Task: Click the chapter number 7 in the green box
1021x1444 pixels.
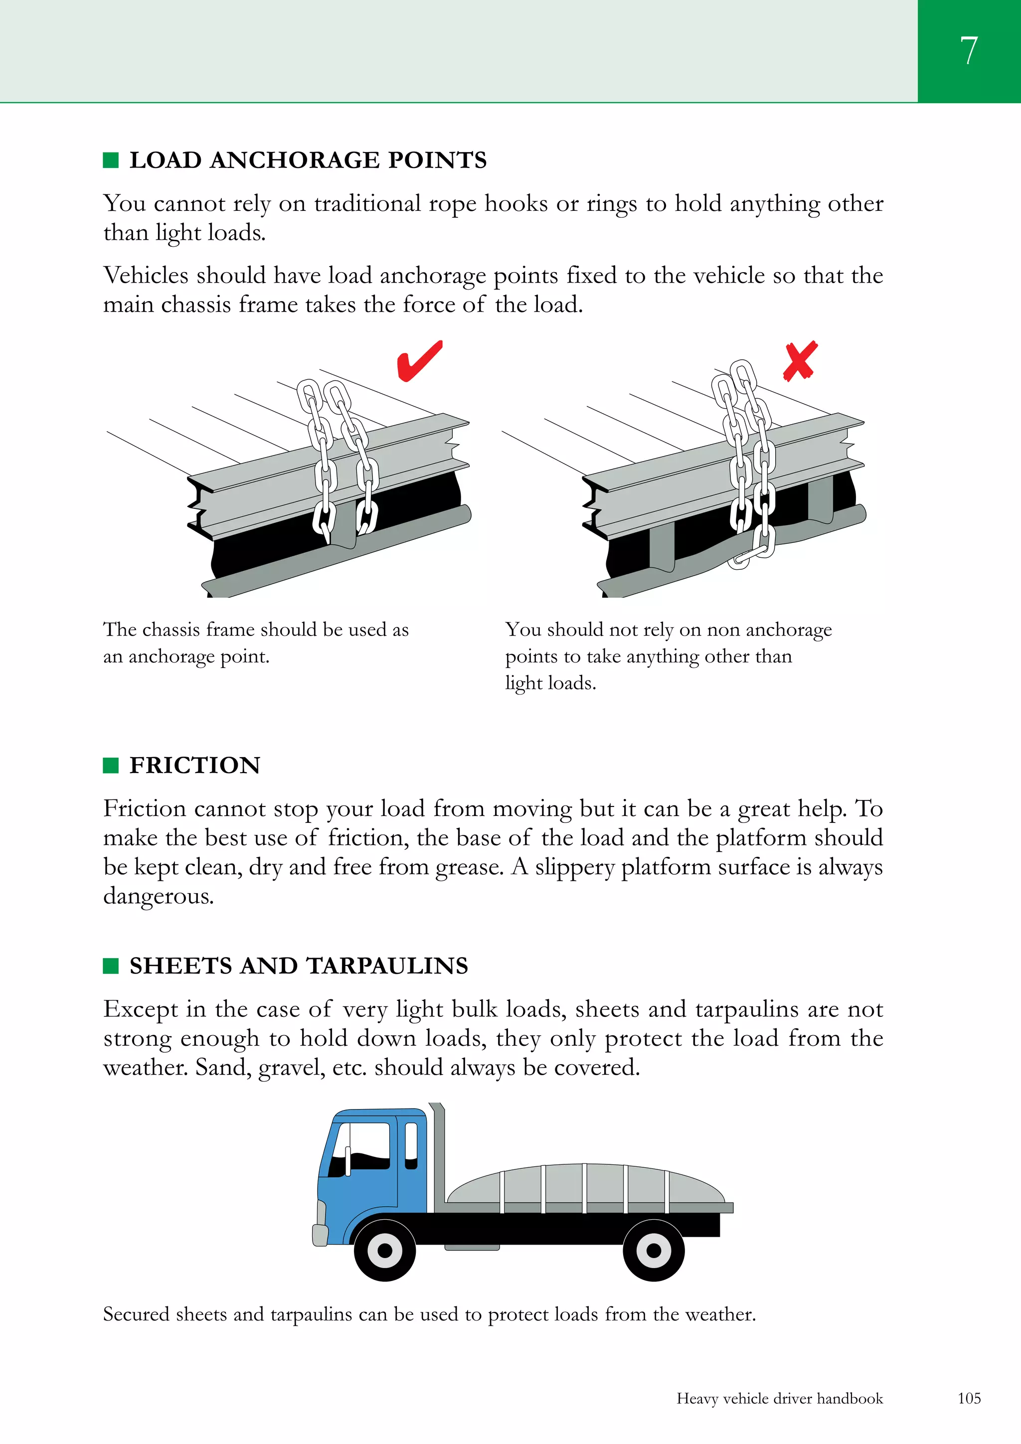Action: pyautogui.click(x=968, y=50)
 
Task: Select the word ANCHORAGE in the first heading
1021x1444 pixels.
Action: pyautogui.click(x=295, y=160)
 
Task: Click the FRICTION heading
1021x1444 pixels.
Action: pyautogui.click(x=194, y=766)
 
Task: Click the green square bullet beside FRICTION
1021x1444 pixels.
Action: pyautogui.click(x=111, y=766)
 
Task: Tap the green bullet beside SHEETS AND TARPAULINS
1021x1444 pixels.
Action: pyautogui.click(x=111, y=966)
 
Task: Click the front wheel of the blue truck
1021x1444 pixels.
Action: pyautogui.click(x=384, y=1250)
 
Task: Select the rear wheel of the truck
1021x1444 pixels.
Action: pyautogui.click(x=654, y=1250)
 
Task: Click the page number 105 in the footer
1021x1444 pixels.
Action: pyautogui.click(x=969, y=1398)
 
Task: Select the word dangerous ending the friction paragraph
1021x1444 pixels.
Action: pyautogui.click(x=158, y=896)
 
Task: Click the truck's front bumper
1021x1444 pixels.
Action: pyautogui.click(x=320, y=1235)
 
